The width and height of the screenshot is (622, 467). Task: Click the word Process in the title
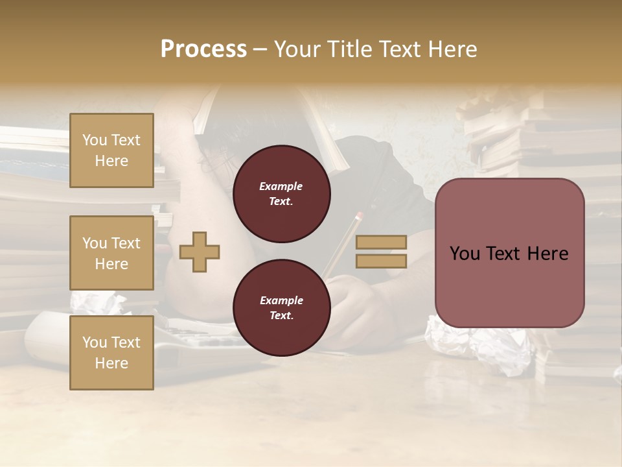click(203, 49)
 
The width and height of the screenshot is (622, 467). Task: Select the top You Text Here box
click(111, 150)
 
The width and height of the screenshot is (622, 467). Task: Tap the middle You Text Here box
click(111, 253)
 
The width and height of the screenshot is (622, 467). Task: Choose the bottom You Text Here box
click(111, 352)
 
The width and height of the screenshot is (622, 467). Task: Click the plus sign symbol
click(200, 252)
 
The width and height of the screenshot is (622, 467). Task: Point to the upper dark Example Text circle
click(281, 194)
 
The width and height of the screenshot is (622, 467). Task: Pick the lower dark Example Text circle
click(281, 308)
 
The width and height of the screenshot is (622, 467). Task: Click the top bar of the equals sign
click(382, 242)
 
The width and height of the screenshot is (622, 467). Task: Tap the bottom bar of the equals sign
click(382, 261)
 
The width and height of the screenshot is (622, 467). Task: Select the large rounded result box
click(509, 253)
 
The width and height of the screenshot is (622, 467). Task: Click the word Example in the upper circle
click(281, 186)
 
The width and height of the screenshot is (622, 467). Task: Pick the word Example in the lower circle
click(281, 300)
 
